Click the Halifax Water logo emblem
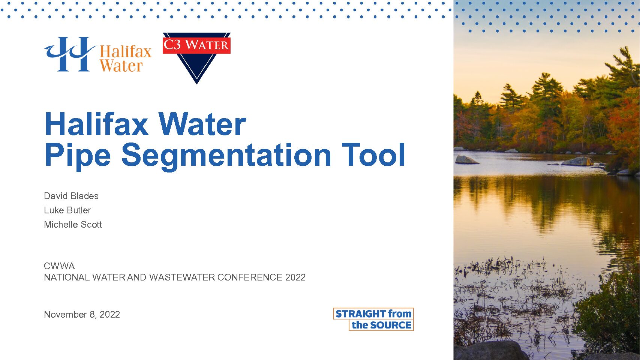click(70, 54)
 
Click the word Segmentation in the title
click(226, 156)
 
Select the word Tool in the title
click(373, 154)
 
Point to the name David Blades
click(71, 196)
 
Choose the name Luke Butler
click(67, 210)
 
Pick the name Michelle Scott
click(73, 225)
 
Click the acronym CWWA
click(59, 266)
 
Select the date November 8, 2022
click(82, 315)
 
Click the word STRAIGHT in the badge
click(361, 314)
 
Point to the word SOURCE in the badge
click(391, 325)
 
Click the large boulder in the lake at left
click(466, 160)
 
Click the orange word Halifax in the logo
click(126, 52)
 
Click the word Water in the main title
click(202, 124)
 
